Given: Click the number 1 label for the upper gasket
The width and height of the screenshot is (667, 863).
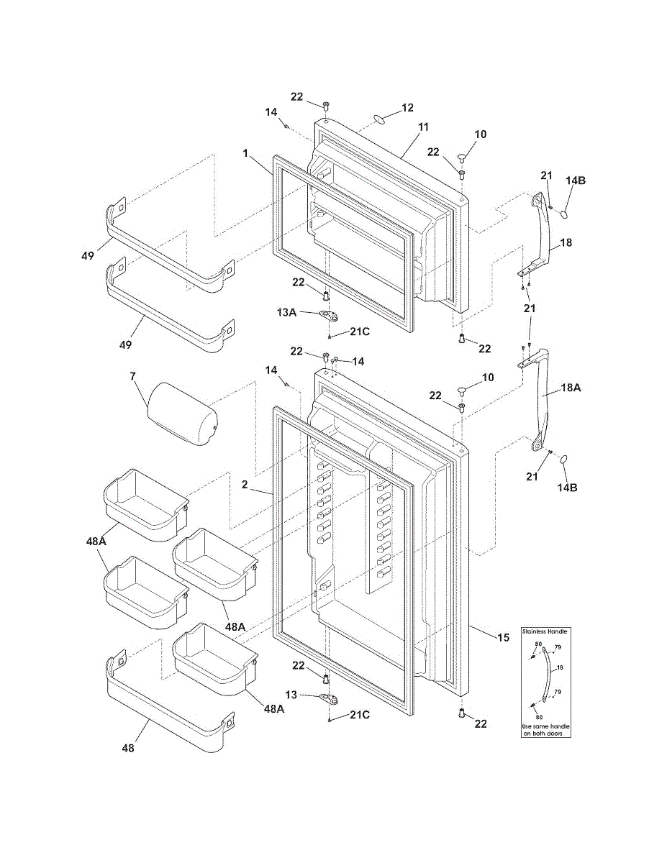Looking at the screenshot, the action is pyautogui.click(x=245, y=153).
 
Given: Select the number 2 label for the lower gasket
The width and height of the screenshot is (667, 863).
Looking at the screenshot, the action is pyautogui.click(x=245, y=484).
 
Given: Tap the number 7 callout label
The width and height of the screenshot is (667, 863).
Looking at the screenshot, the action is pyautogui.click(x=132, y=376).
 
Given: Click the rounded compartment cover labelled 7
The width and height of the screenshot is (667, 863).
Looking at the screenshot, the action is pyautogui.click(x=182, y=414).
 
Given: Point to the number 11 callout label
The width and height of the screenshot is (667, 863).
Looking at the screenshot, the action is pyautogui.click(x=424, y=127).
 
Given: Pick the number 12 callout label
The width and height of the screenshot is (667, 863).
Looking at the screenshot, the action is pyautogui.click(x=407, y=108).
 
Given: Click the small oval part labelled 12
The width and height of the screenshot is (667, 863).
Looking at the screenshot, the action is pyautogui.click(x=378, y=119).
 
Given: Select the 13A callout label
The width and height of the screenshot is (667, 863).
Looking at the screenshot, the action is pyautogui.click(x=287, y=313).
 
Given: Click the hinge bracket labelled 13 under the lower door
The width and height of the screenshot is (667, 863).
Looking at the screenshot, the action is pyautogui.click(x=330, y=698).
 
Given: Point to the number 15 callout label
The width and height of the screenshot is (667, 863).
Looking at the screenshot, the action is pyautogui.click(x=503, y=637).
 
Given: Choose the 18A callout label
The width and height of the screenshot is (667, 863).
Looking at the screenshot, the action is pyautogui.click(x=571, y=388).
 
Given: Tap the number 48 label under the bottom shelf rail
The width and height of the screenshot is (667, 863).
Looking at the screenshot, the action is pyautogui.click(x=128, y=748).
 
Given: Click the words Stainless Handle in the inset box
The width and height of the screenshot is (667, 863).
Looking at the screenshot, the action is pyautogui.click(x=545, y=632).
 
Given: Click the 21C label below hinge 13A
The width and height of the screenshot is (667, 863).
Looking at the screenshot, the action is pyautogui.click(x=360, y=332).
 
